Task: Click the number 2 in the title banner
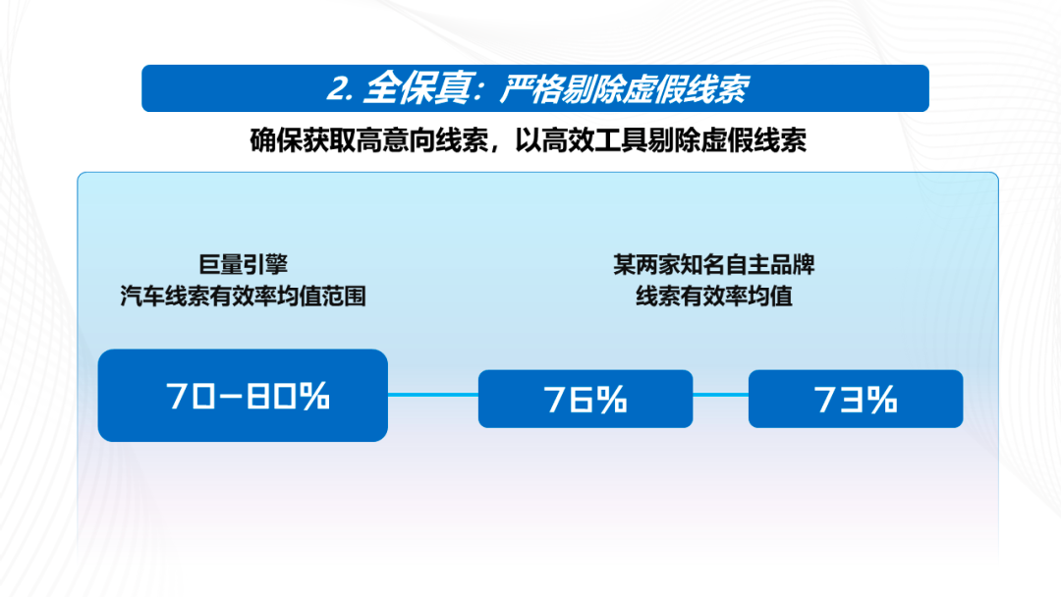point(338,88)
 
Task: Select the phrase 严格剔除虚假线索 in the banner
point(624,89)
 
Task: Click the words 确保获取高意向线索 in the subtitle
point(368,140)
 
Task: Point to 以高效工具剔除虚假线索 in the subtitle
point(660,140)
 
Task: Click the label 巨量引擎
point(243,264)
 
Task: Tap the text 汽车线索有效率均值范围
point(243,297)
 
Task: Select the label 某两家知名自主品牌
point(714,264)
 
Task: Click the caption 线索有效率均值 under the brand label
point(714,297)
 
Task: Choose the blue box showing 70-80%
point(243,396)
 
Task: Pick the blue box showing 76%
point(586,399)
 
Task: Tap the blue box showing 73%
point(856,399)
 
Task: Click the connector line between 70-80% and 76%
point(433,395)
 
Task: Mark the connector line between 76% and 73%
point(721,395)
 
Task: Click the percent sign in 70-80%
point(314,396)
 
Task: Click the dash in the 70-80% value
point(231,397)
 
